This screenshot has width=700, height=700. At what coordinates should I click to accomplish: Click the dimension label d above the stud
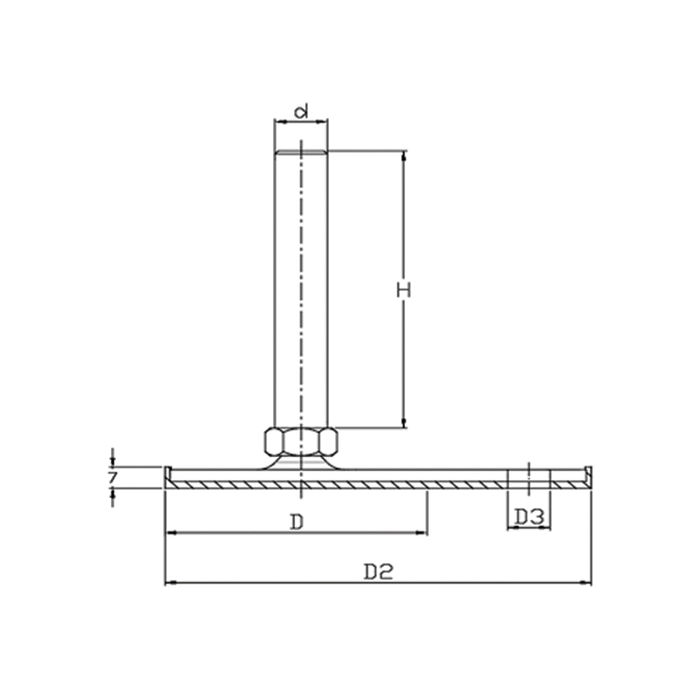click(302, 112)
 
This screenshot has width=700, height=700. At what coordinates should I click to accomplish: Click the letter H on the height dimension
click(403, 290)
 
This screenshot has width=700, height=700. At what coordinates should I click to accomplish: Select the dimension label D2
click(379, 572)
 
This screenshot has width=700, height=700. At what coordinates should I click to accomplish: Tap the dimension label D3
click(529, 517)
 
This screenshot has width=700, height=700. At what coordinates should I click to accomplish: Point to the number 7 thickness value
click(112, 478)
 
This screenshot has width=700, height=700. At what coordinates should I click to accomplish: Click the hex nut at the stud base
click(301, 442)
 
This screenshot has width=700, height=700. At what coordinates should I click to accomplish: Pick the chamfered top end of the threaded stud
click(301, 152)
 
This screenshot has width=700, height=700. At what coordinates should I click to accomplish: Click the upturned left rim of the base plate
click(168, 476)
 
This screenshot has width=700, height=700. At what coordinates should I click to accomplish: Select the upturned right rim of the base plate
click(588, 476)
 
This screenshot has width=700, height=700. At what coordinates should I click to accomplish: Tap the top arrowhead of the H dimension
click(404, 155)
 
